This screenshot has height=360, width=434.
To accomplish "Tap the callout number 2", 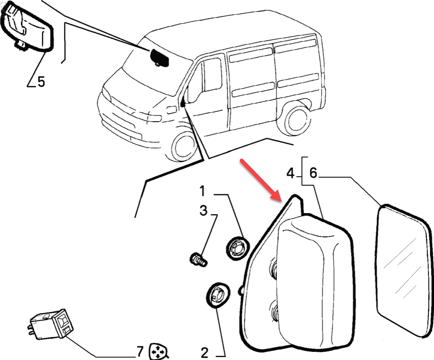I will tap(204, 352).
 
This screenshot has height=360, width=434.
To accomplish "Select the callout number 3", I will tap(203, 211).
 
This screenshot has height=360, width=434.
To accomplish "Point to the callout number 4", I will tap(291, 174).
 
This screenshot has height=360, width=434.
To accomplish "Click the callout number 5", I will tap(41, 81).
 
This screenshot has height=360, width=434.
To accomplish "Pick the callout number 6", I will tap(313, 174).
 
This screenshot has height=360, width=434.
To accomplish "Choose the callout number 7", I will tap(140, 351).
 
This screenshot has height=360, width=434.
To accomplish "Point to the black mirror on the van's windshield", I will tap(158, 57).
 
